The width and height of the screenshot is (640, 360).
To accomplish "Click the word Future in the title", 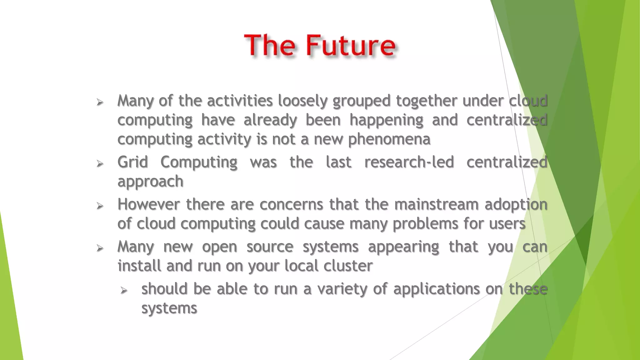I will [x=351, y=46].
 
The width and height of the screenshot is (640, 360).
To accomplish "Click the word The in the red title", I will [x=269, y=46].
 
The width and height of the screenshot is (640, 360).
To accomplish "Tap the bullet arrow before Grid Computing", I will [x=100, y=163].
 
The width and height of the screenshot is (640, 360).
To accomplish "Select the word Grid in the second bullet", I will [x=132, y=162].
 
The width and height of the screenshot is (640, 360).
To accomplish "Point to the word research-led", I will [x=409, y=162].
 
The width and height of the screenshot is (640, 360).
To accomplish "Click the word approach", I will [x=150, y=182].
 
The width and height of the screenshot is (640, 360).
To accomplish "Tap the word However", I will [x=148, y=204].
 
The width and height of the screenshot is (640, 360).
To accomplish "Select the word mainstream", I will [x=436, y=204].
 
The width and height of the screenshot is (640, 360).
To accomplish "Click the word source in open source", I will [x=270, y=247].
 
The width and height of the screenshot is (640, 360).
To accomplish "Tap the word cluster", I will [x=348, y=266].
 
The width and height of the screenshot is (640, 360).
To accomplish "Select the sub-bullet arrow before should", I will [x=124, y=291].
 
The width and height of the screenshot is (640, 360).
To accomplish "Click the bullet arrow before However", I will [x=100, y=206].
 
